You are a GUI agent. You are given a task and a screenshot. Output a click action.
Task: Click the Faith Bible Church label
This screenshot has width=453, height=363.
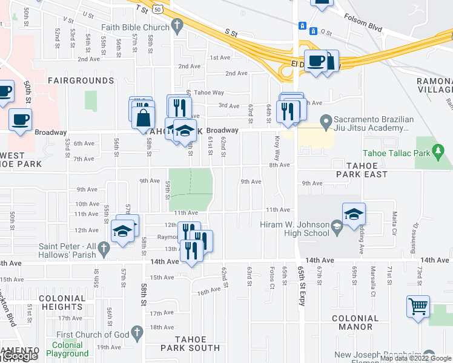point(135,27)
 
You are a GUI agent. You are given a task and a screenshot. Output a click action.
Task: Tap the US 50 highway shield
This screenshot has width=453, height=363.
point(158,10)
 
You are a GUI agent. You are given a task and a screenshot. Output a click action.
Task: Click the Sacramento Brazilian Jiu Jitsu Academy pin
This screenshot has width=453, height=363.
point(326,123)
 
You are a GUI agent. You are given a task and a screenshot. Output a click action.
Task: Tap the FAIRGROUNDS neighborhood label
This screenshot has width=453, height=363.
point(81,80)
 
